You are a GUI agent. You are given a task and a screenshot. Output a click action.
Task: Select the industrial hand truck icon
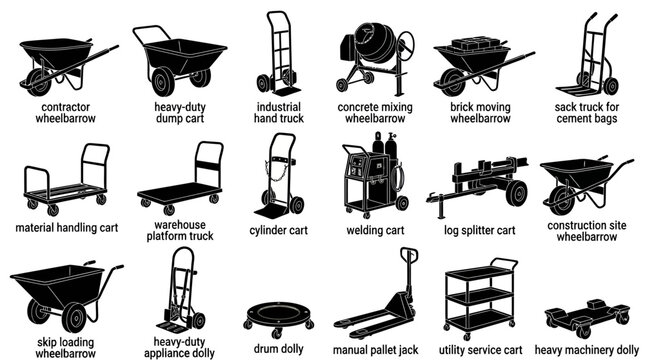pos(277,56)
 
